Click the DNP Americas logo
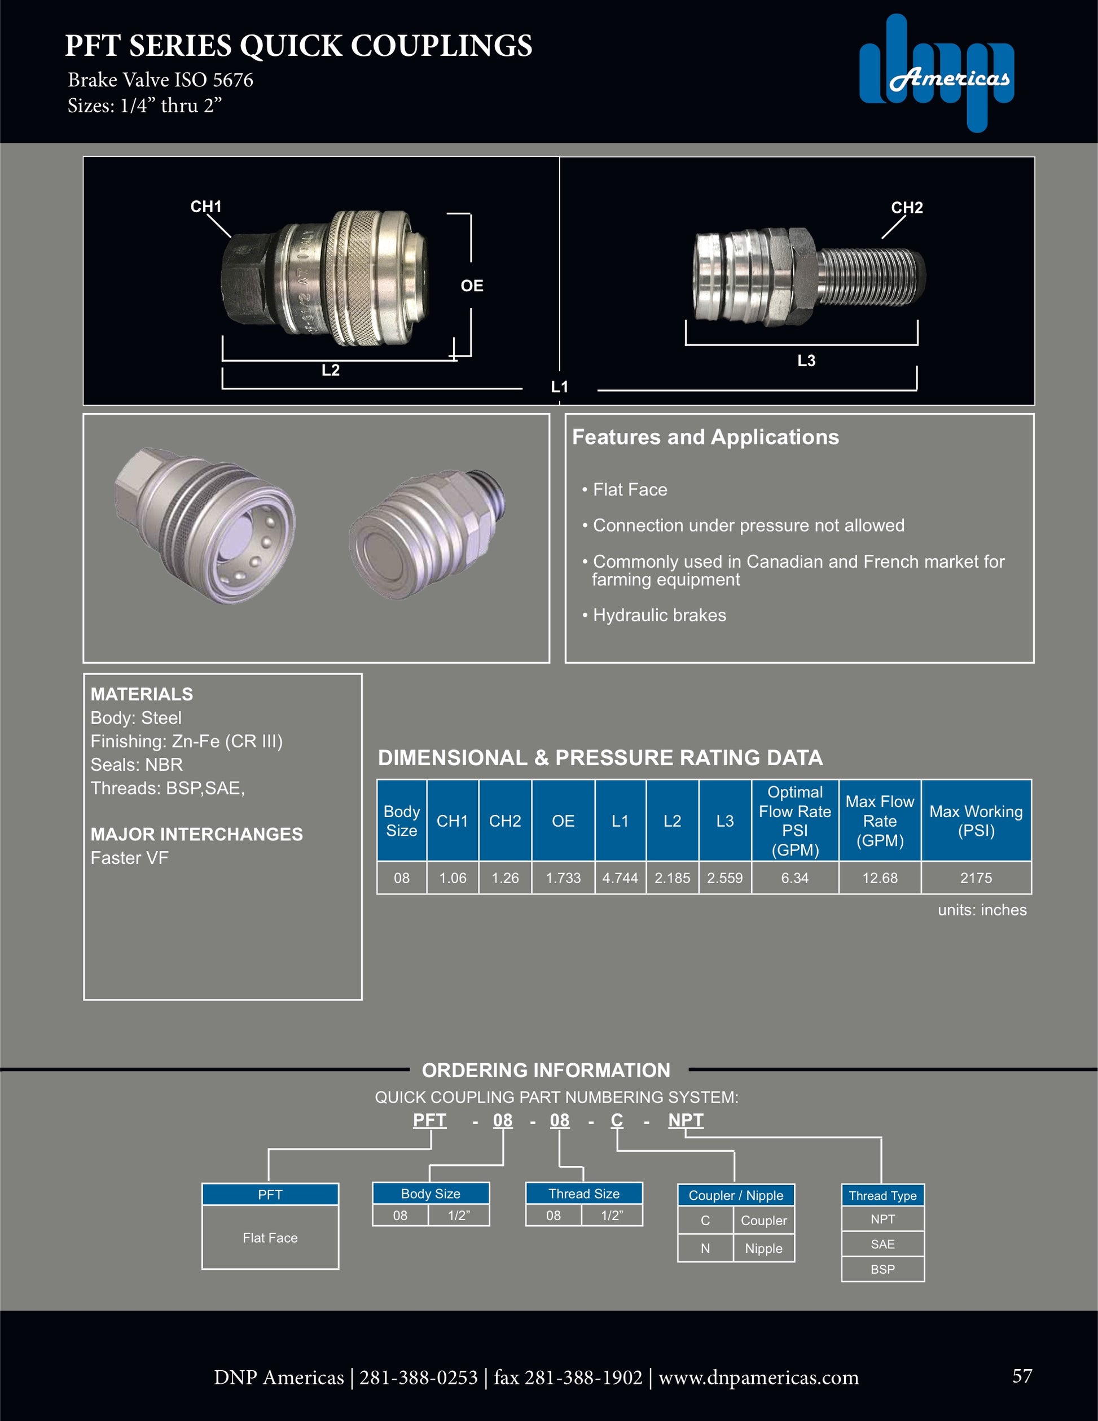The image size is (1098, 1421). click(x=937, y=73)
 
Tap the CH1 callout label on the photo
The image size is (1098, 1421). click(x=205, y=207)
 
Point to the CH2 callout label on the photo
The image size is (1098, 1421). click(x=907, y=208)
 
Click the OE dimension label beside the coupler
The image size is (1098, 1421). click(x=472, y=286)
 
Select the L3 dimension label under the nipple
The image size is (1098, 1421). click(x=806, y=361)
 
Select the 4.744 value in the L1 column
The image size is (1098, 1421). click(x=620, y=878)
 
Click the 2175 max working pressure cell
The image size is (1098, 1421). click(x=976, y=878)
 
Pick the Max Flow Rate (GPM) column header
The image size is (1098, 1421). click(x=880, y=821)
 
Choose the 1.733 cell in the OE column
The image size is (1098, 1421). click(x=563, y=878)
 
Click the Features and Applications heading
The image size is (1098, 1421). click(x=705, y=437)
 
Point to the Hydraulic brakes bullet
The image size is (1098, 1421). click(x=659, y=615)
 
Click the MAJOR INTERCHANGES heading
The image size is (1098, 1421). click(x=196, y=834)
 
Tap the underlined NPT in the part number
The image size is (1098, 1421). click(x=686, y=1120)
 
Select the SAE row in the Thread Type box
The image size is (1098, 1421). click(x=882, y=1244)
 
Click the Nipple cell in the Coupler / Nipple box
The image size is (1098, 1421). click(x=763, y=1248)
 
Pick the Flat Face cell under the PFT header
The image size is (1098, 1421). click(x=270, y=1238)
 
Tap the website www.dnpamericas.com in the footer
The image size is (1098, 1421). click(x=758, y=1378)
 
